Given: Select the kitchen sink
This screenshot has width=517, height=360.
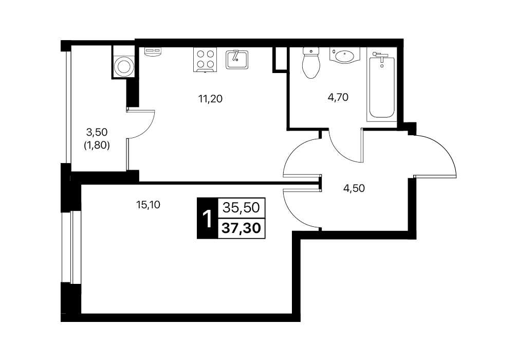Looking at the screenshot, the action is pos(237,59).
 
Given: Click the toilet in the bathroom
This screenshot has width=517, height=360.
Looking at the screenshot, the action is pos(311,63).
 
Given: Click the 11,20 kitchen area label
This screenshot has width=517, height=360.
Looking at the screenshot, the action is pos(210,99).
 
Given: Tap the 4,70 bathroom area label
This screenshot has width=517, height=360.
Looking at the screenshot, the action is pos(338,97).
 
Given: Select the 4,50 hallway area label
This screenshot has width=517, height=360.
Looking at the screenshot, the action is pos(354,188).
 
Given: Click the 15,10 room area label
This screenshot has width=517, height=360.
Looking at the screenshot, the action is pos(148,205).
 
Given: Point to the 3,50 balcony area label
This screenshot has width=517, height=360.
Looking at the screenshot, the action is pos(97,132).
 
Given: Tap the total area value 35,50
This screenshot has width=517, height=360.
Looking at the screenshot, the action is pos(242,208).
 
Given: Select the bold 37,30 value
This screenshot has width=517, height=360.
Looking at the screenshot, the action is pos(242,228).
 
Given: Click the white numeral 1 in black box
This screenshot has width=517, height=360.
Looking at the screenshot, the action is pos(207,219).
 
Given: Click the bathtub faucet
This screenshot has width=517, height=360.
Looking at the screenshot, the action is pos(380,57).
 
